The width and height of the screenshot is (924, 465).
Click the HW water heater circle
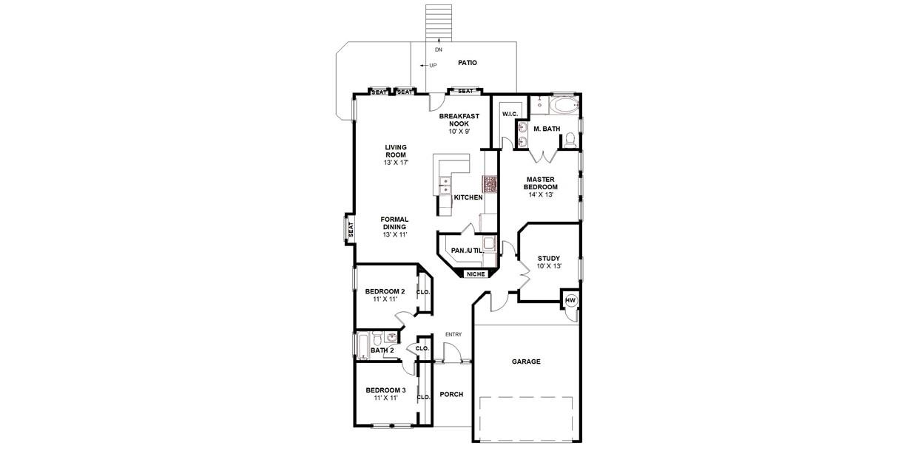(x=570, y=300)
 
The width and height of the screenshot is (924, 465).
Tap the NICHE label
(x=476, y=274)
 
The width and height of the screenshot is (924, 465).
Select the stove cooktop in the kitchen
(x=490, y=183)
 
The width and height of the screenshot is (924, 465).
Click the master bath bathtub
(x=563, y=106)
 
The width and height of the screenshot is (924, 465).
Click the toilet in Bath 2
(x=376, y=340)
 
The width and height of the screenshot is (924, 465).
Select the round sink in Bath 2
(x=391, y=338)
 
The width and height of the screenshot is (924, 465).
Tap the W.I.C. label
(x=510, y=114)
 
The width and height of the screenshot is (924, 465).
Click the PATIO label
(x=467, y=63)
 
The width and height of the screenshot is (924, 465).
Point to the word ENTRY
(x=453, y=335)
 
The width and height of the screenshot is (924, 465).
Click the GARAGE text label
(x=526, y=362)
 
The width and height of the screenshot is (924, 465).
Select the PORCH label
(x=451, y=394)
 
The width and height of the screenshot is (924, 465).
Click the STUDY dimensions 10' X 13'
(x=549, y=265)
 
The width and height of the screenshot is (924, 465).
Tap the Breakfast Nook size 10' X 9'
(x=459, y=131)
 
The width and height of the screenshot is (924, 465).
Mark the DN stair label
(x=438, y=50)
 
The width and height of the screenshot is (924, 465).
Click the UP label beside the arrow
(x=433, y=66)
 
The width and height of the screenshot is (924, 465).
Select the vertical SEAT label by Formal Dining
(x=351, y=229)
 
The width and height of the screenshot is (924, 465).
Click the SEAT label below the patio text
(x=465, y=92)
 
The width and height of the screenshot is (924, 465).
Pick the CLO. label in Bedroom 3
(x=423, y=397)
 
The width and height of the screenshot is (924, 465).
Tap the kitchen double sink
(x=445, y=186)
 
